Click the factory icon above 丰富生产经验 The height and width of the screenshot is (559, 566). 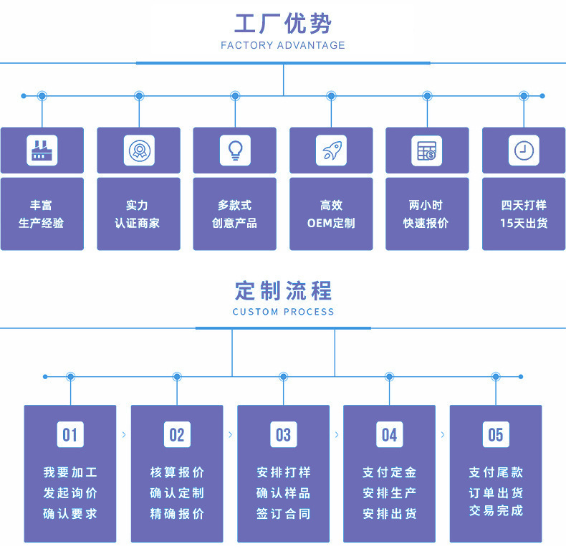(x=42, y=150)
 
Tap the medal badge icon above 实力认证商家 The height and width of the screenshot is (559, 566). (x=138, y=150)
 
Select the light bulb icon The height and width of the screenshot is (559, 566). (x=234, y=150)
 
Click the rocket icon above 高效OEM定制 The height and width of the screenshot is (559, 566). (x=331, y=150)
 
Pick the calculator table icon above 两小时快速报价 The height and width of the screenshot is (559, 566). (x=427, y=150)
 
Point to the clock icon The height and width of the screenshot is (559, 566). (x=524, y=150)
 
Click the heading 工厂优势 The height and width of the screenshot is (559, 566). (x=283, y=24)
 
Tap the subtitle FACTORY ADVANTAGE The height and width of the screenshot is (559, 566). (x=283, y=46)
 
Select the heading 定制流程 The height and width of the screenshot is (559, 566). (x=283, y=291)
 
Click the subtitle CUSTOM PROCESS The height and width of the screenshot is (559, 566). (x=283, y=312)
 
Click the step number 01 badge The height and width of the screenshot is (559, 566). (x=70, y=434)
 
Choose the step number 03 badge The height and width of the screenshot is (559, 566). (x=283, y=434)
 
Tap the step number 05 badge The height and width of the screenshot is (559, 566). (x=496, y=434)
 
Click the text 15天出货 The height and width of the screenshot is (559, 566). (x=524, y=223)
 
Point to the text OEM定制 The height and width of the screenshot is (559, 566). (x=331, y=223)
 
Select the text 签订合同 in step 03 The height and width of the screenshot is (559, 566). (x=283, y=514)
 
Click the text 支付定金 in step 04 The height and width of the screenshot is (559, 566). (x=389, y=472)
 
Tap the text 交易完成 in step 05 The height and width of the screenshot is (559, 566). (x=496, y=511)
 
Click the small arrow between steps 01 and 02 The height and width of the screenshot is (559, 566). (x=123, y=434)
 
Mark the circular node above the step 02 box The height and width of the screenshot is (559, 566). (x=177, y=376)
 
